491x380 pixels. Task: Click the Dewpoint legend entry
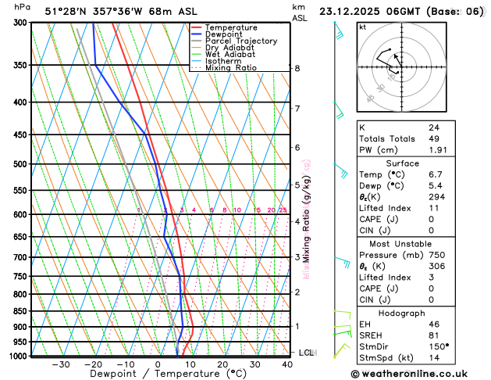(223, 34)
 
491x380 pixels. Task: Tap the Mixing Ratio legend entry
(231, 68)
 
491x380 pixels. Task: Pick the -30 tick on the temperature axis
(60, 364)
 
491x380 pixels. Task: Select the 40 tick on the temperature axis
(288, 364)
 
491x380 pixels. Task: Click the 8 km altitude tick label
(297, 69)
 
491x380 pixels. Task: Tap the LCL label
(306, 353)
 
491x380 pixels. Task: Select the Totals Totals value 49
(433, 138)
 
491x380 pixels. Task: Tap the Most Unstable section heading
(419, 244)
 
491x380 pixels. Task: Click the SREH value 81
(433, 335)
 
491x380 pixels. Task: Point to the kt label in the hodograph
(363, 27)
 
